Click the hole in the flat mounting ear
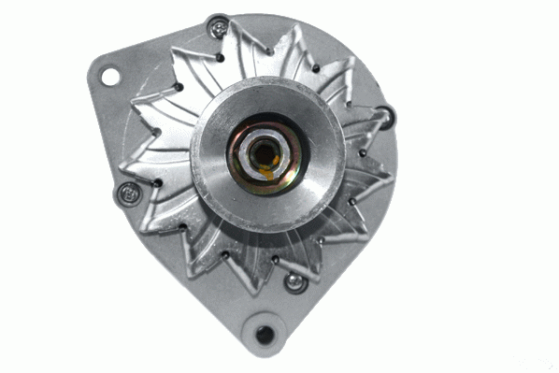[x=110, y=76]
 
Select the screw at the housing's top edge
[x=218, y=29]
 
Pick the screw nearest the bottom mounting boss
[x=295, y=280]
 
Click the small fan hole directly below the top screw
[x=221, y=57]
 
